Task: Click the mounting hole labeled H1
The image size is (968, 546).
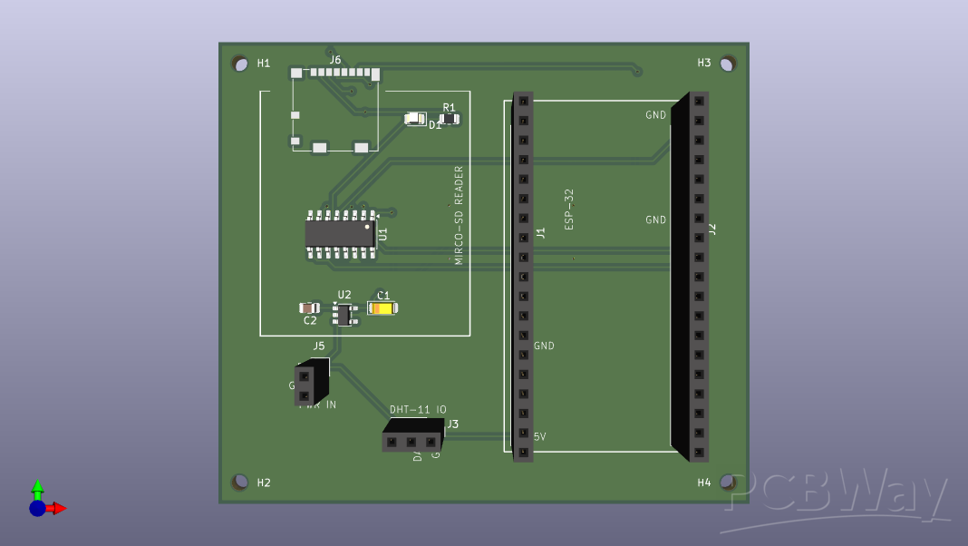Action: (239, 63)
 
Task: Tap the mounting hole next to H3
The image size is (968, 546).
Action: (727, 63)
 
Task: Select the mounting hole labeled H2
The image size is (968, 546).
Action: (239, 482)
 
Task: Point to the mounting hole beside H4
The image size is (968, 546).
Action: (727, 482)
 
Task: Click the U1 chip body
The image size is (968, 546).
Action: (340, 234)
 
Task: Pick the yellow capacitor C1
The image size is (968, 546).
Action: (382, 308)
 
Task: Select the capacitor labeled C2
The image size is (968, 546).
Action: (310, 308)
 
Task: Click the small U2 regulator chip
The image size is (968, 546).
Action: (343, 315)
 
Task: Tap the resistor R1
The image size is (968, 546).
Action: (449, 119)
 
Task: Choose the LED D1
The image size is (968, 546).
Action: (415, 118)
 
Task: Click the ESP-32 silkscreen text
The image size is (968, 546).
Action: (569, 209)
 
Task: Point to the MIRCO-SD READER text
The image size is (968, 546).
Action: (459, 215)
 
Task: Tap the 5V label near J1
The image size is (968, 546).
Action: (539, 437)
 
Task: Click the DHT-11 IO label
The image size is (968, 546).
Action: (418, 410)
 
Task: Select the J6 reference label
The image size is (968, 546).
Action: (335, 60)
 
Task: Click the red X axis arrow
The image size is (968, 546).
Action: (58, 508)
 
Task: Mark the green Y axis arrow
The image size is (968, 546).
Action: (37, 488)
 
